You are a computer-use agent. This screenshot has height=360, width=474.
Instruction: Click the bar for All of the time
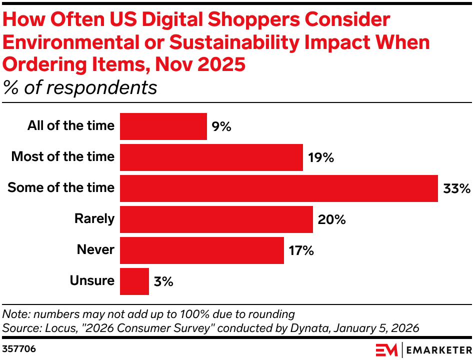(x=163, y=126)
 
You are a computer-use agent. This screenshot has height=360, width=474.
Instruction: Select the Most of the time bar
(x=211, y=157)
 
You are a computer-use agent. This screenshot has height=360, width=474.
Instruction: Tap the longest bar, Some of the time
(x=279, y=188)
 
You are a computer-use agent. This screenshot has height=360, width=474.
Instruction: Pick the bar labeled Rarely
(x=216, y=219)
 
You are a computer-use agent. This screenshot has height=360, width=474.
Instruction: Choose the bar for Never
(x=202, y=250)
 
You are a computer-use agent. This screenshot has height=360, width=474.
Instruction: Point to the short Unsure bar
(x=134, y=281)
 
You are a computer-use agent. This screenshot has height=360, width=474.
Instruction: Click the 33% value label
(x=456, y=189)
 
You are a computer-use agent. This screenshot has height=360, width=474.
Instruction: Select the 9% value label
(x=221, y=127)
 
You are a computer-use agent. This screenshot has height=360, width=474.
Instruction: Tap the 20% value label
(x=331, y=220)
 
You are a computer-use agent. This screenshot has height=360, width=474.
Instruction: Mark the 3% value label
(x=163, y=282)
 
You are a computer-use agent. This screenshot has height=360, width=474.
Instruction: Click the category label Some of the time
(x=61, y=188)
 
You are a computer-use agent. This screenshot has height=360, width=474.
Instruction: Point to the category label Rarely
(x=94, y=219)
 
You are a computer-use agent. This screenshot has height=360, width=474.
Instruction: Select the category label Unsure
(x=92, y=281)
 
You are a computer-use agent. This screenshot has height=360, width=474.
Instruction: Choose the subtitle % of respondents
(x=80, y=87)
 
